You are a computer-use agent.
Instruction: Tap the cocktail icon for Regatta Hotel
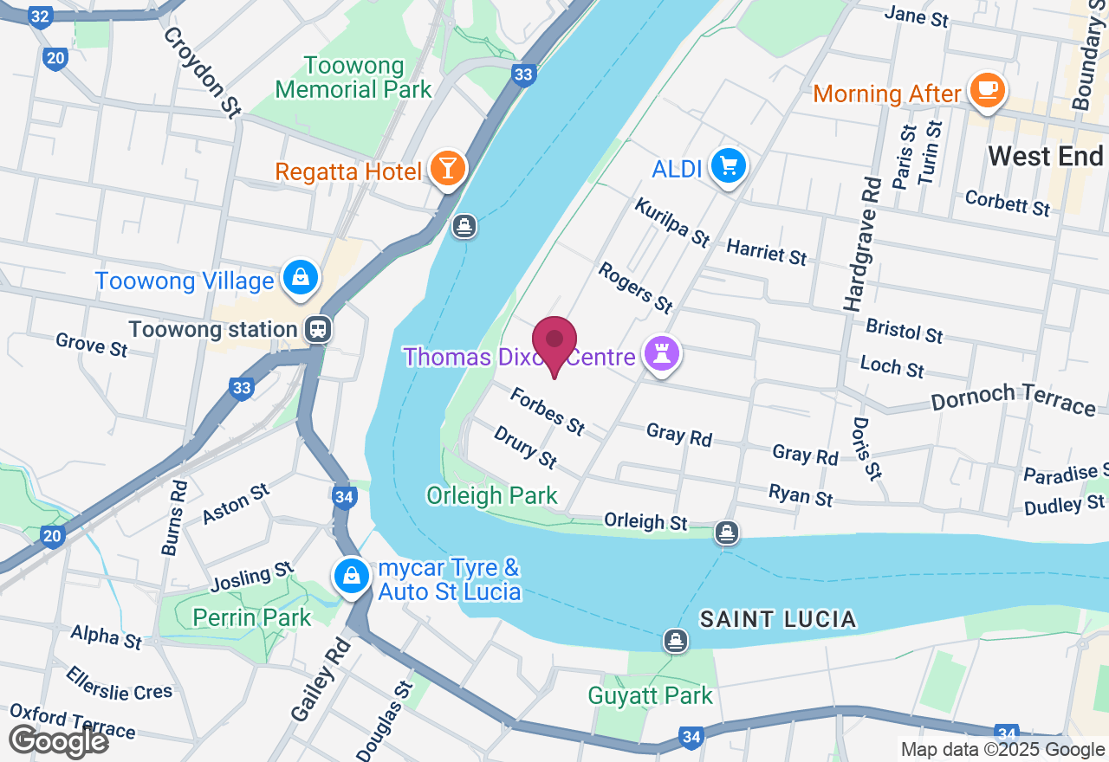coord(447,167)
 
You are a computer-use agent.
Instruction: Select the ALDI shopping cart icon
coord(728,166)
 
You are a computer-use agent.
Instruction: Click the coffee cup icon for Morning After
coord(987,90)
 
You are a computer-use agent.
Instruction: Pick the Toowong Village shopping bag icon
coord(300,278)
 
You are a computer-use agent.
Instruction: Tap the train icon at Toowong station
coord(319,329)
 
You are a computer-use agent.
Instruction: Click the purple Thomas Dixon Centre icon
coord(663,353)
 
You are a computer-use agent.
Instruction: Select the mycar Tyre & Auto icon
coord(352,575)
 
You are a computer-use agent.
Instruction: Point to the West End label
coord(1046,157)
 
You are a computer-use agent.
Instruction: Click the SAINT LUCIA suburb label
coord(778,619)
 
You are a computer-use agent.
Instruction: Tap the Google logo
coord(58,741)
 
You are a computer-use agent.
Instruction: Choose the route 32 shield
coord(39,16)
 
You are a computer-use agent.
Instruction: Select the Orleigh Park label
coord(492,495)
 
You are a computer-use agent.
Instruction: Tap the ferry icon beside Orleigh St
coord(727,533)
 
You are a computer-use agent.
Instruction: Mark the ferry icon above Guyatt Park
coord(676,641)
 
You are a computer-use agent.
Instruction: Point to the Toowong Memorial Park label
coord(353,77)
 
